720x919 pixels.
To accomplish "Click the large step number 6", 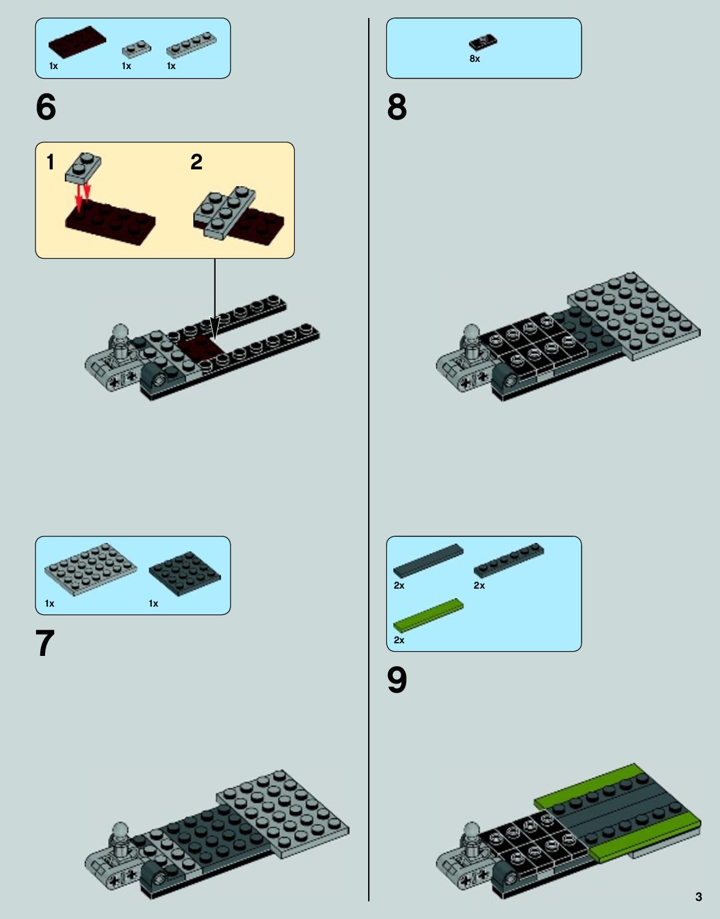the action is pos(46,106).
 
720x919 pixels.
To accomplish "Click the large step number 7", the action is pos(45,643).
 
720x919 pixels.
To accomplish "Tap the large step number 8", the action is pos(397,106).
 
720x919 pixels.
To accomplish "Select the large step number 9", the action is pos(397,681).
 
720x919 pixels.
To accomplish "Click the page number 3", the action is pos(698,897).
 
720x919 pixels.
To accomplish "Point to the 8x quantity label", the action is pos(475,59).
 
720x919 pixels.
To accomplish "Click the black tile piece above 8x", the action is pos(483,42).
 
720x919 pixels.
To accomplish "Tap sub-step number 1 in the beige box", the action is pos(50,162).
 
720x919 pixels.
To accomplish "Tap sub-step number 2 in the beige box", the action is pos(196,162).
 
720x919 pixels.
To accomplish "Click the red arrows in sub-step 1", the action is pos(82,196).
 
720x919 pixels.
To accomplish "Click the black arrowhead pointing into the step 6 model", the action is pos(215,329).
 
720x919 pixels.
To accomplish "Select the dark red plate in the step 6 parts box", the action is pos(77,42).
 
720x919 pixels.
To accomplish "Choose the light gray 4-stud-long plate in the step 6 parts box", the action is pos(191,44).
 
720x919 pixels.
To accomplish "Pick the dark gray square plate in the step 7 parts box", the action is pos(185,574).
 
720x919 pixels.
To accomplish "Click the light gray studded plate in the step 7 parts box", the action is pos(91,569).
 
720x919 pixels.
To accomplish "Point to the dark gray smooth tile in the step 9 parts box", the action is pos(428,561).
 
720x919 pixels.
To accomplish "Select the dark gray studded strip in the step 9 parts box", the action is pos(509,560).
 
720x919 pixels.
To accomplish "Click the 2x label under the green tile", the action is pos(399,640).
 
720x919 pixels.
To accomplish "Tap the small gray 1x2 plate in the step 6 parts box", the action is pos(136,49).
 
